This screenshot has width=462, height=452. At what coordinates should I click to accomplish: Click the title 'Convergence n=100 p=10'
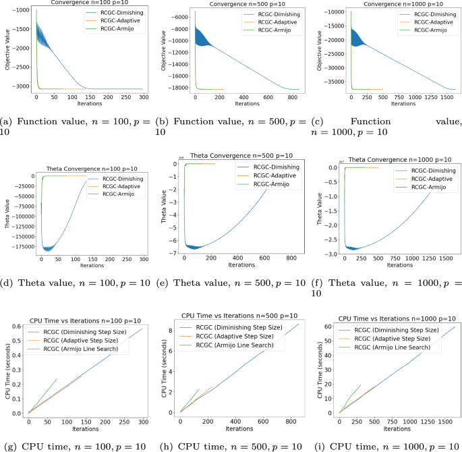pos(77,3)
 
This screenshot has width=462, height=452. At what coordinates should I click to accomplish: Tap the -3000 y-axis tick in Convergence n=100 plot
pos(18,88)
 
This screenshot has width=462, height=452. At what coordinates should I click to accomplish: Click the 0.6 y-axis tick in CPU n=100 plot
pos(19,326)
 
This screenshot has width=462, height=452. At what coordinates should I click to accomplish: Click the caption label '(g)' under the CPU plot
pos(9,446)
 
